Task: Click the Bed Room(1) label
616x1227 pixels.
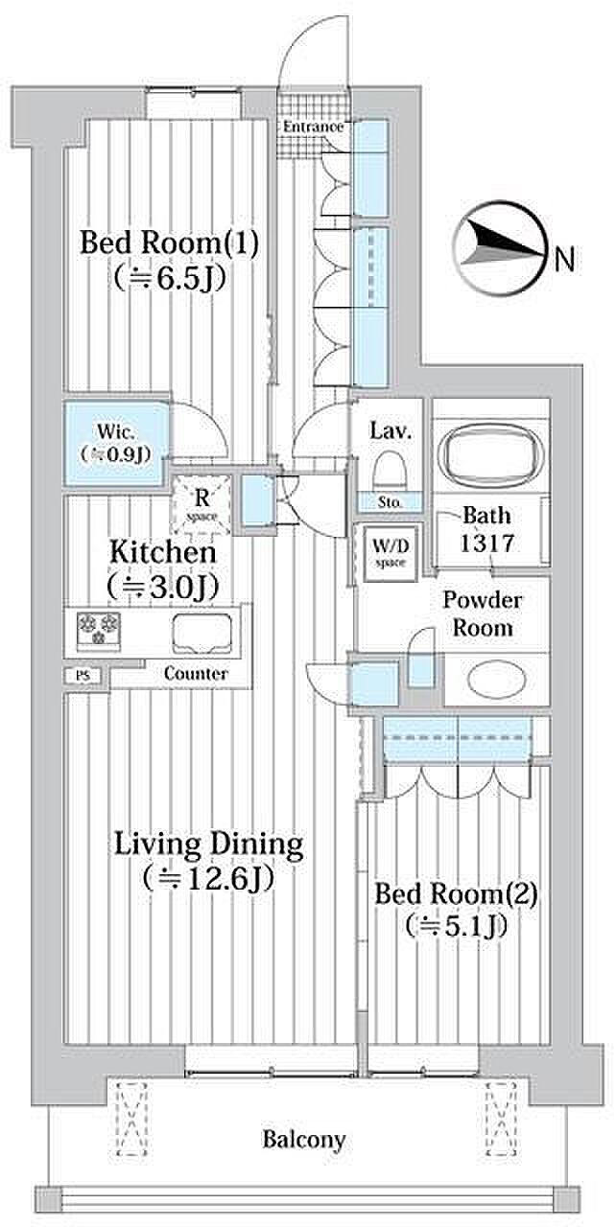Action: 169,243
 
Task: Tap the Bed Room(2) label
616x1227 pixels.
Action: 456,894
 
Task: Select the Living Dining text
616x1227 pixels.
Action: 208,845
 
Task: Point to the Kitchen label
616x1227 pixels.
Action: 163,551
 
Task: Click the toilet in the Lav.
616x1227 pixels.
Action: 390,470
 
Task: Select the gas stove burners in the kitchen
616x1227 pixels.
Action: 99,629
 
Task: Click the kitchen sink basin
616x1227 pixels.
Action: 201,634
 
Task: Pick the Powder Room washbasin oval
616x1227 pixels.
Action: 497,679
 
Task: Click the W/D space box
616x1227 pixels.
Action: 391,554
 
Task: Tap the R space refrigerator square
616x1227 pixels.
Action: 201,503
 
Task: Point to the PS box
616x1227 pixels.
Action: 83,676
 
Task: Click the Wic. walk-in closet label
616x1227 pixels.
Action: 116,443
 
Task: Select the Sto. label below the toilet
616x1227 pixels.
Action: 390,501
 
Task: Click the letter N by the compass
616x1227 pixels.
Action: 565,259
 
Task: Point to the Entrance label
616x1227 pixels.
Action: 314,127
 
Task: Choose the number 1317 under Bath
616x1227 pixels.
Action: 486,543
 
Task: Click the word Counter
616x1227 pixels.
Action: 196,673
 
